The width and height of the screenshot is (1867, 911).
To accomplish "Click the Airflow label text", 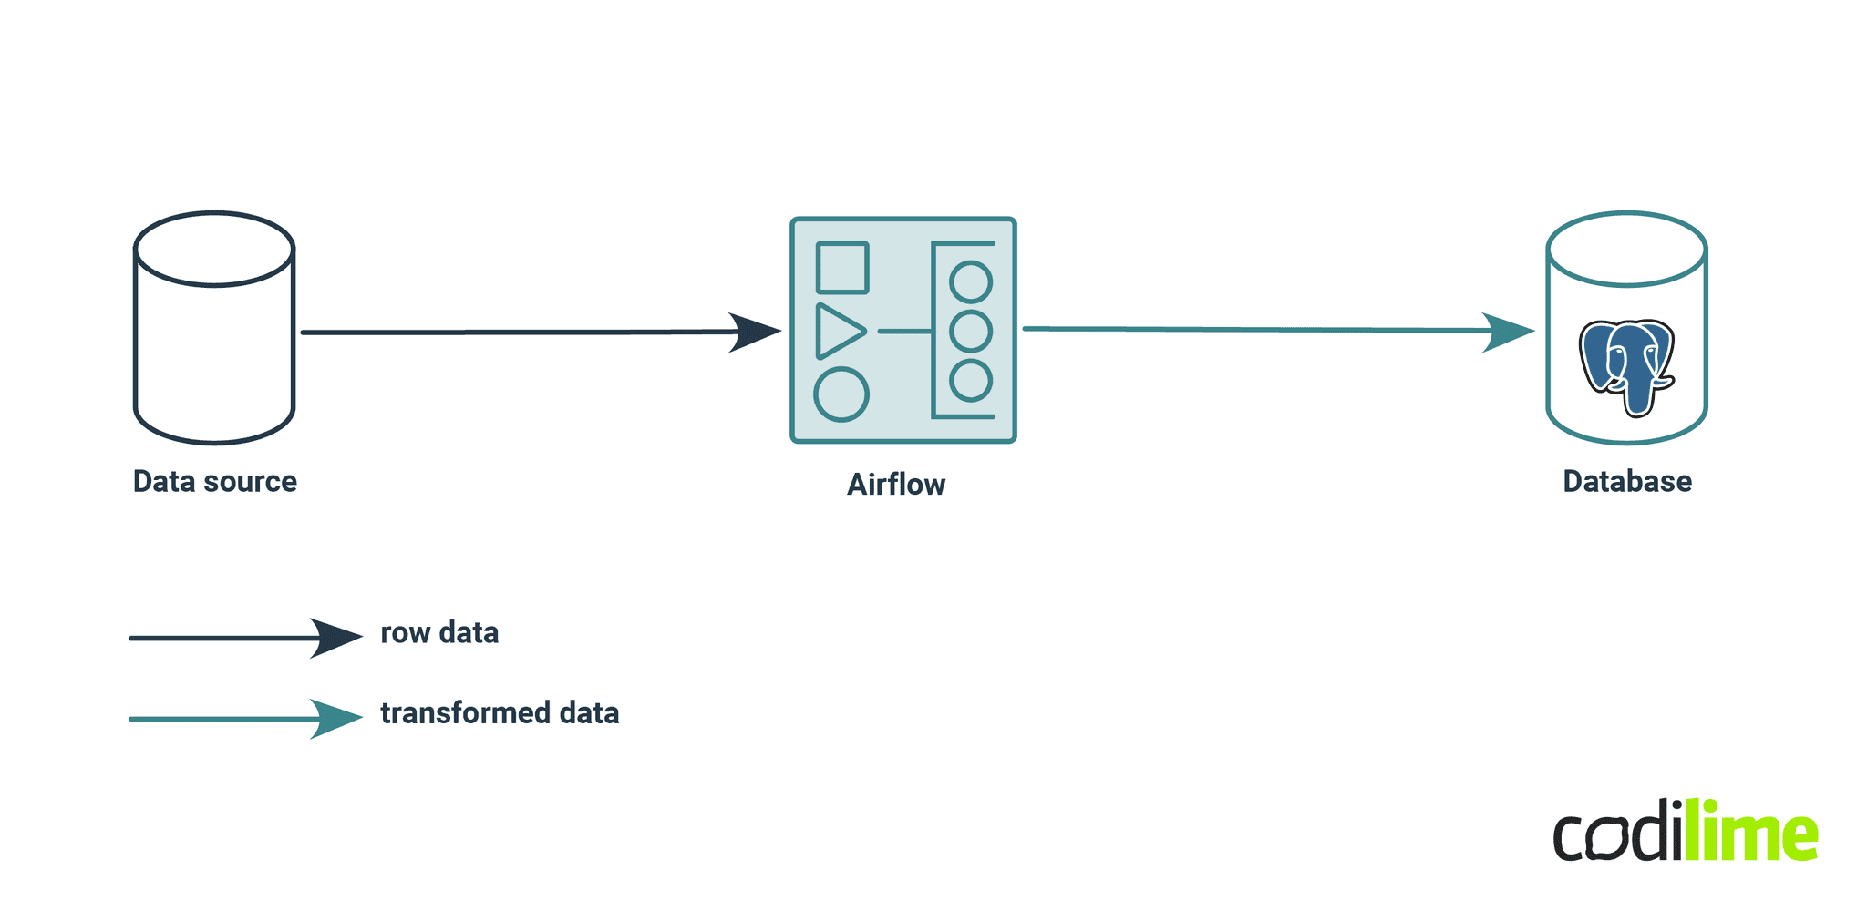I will [x=896, y=485].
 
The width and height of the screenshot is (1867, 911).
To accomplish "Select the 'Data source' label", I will [x=215, y=481].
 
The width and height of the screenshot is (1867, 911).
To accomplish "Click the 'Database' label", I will [x=1627, y=481].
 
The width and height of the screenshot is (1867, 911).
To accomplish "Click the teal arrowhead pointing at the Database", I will [x=1508, y=332].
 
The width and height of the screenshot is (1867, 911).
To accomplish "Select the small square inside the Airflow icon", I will [x=842, y=268].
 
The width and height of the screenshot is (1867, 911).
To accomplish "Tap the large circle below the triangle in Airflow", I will [x=841, y=395].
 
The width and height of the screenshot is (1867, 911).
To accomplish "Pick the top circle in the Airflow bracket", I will [x=971, y=282].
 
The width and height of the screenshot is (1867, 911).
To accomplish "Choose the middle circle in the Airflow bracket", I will [x=971, y=331].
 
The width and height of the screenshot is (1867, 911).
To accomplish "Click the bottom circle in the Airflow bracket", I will [x=971, y=381].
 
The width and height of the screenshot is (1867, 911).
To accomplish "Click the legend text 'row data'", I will [x=439, y=632].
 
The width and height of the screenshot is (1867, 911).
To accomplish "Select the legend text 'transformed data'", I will [x=500, y=712].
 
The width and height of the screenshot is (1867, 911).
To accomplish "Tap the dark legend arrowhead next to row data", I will [x=335, y=638].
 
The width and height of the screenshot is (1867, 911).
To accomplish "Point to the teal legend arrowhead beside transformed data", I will [x=335, y=719].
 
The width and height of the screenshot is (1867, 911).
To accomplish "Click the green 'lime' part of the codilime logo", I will [x=1750, y=831].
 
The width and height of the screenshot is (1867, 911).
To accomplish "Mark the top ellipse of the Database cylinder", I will [x=1627, y=250].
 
